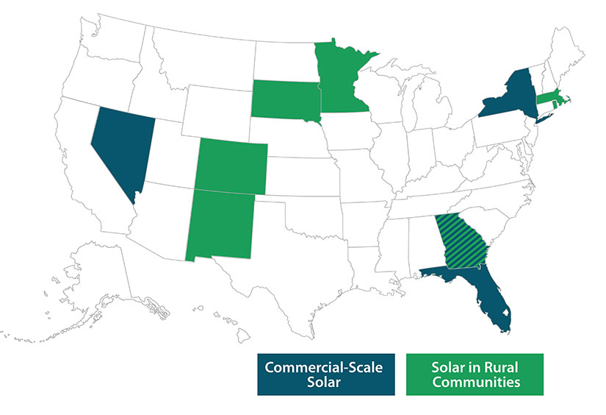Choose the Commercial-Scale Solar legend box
(x=324, y=374)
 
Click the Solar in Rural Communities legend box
(x=475, y=374)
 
